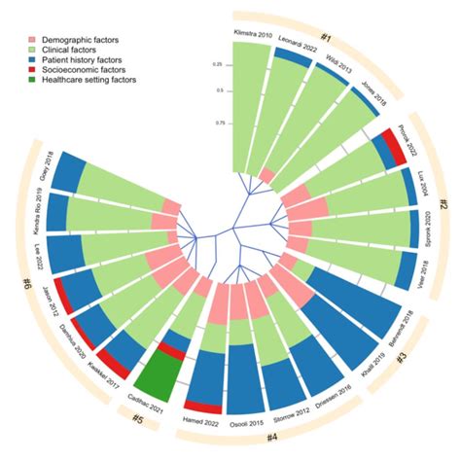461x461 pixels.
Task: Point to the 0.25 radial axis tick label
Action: [x=218, y=65]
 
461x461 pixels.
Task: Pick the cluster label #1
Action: [x=328, y=37]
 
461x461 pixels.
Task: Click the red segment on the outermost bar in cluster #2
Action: [x=394, y=146]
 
